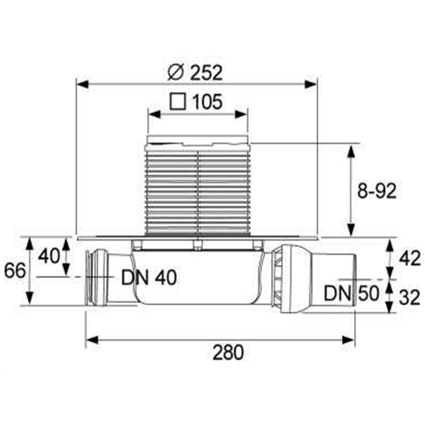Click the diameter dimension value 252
[x=206, y=73]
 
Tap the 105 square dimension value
[x=207, y=102]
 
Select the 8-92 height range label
[x=377, y=191]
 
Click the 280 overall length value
[x=228, y=352]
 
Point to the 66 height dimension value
[x=14, y=270]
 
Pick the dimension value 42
[x=410, y=258]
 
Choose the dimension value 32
[x=410, y=297]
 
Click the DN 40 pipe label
[x=149, y=278]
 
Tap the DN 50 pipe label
[x=351, y=293]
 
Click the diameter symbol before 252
[x=177, y=73]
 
